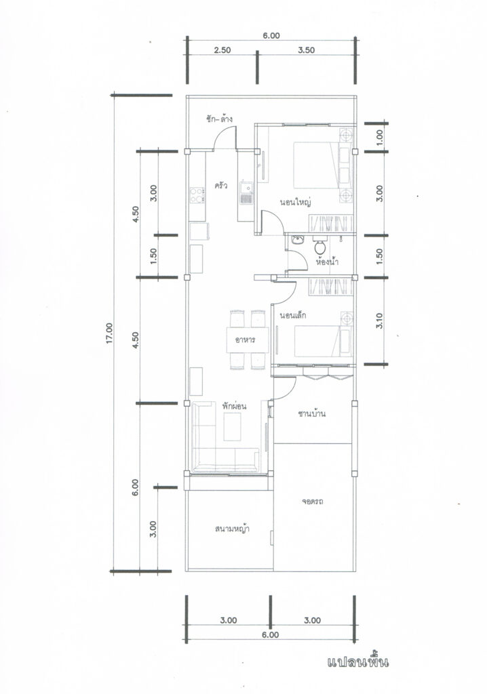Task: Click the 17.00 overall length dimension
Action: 109,333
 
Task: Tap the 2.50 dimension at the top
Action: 222,50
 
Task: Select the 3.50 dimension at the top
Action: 306,50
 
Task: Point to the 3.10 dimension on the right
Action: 379,321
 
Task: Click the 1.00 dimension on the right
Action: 379,137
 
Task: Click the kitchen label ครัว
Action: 220,186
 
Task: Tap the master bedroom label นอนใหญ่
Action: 294,203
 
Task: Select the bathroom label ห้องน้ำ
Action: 328,261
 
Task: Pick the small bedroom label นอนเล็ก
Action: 293,316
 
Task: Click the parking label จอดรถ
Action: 313,502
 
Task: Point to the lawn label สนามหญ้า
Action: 232,529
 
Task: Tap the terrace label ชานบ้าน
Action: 312,414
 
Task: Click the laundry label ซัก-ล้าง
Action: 219,119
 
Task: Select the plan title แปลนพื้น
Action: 358,662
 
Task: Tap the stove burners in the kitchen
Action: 197,195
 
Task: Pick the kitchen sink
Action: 246,193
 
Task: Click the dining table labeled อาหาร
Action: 248,340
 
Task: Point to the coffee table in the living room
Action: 232,427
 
